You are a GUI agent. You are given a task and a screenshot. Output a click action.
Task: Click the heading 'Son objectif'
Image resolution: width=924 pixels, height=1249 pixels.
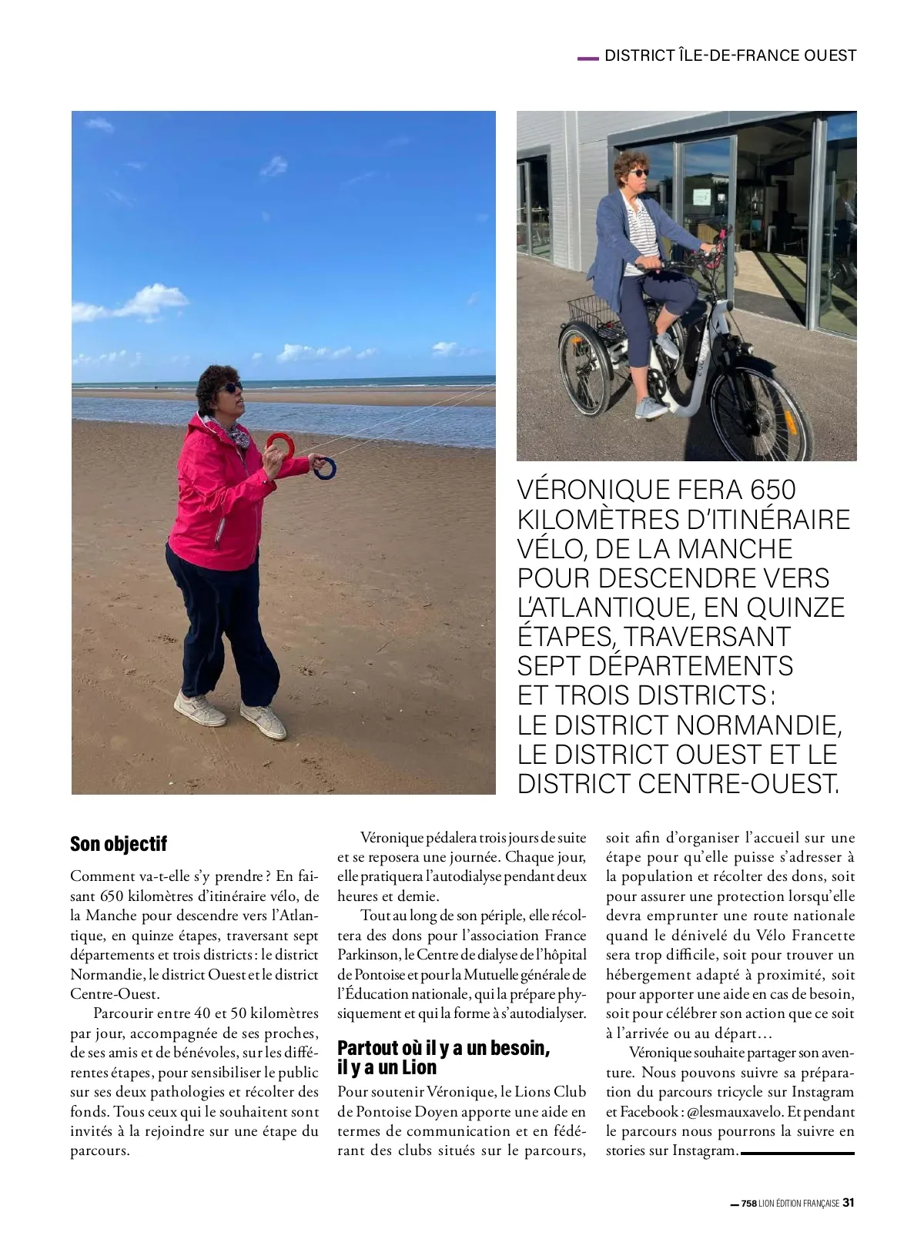tap(119, 843)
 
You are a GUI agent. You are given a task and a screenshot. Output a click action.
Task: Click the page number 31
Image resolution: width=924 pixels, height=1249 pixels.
tap(849, 1202)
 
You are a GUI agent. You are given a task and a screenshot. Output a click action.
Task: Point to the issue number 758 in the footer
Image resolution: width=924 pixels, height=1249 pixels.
tap(748, 1203)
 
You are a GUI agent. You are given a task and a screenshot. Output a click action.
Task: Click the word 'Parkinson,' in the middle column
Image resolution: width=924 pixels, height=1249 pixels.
tap(368, 954)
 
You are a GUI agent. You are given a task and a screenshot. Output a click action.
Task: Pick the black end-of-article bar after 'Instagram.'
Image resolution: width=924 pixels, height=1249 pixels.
tap(797, 1153)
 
